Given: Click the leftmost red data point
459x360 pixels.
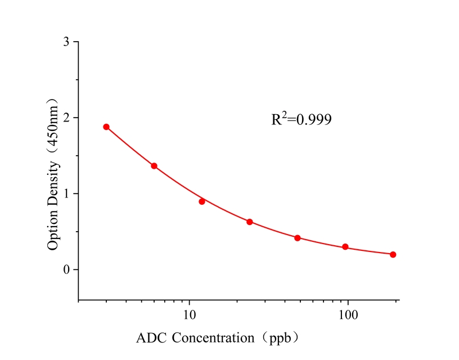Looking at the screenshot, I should coord(106,127).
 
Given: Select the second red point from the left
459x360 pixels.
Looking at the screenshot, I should coord(154,166).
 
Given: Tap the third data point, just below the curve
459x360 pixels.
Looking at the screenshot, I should coord(202,201).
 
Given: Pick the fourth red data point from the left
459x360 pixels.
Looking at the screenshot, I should coord(250,222).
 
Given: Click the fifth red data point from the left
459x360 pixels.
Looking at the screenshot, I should coord(298,238).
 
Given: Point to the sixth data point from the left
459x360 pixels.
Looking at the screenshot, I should coord(345,247).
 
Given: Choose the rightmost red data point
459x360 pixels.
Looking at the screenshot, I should coord(393,254).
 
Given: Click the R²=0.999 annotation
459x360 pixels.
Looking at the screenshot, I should coord(301,119).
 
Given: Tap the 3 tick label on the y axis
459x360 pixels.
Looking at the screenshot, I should coord(67,42).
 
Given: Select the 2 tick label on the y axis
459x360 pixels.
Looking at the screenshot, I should coord(67,118).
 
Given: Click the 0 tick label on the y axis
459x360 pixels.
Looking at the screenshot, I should coord(67,270).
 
